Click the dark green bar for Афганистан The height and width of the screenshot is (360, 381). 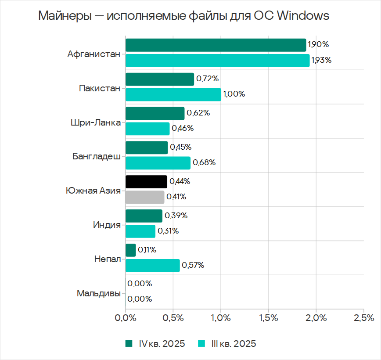tap(216, 45)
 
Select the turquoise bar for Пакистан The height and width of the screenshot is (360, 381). tap(173, 94)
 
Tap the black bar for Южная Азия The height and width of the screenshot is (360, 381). tap(146, 181)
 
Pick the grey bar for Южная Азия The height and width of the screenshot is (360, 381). tap(145, 197)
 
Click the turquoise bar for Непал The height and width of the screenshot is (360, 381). tap(152, 265)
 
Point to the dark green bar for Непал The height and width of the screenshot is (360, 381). tap(131, 250)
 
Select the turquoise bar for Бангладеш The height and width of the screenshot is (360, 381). tap(158, 163)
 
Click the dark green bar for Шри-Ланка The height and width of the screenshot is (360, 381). tap(155, 113)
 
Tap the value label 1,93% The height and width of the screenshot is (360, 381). tap(321, 60)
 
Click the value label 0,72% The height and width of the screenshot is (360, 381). tap(207, 79)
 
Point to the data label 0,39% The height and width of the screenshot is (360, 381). tap(176, 216)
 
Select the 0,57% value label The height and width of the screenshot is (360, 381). tap(193, 265)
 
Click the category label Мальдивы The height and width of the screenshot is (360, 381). tap(98, 293)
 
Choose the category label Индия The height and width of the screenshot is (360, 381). tap(107, 225)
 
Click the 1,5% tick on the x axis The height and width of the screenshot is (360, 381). tap(268, 317)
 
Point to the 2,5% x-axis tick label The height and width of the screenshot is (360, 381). tap(363, 317)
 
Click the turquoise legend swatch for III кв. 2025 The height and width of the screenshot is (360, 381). tap(201, 343)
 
